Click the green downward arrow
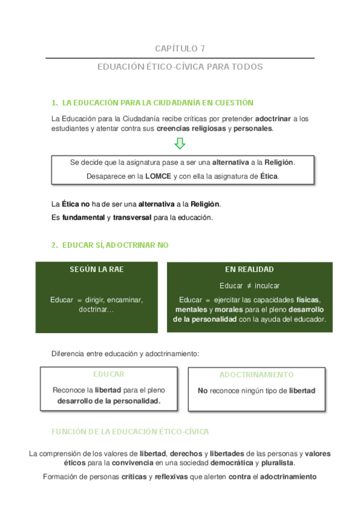click(x=180, y=144)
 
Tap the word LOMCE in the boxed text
click(x=158, y=176)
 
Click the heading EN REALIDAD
click(x=249, y=269)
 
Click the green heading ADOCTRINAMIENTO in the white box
click(x=256, y=374)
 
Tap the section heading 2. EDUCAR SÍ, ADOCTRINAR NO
click(x=110, y=245)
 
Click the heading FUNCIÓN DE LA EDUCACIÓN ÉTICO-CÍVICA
click(x=130, y=432)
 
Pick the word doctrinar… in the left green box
click(x=96, y=309)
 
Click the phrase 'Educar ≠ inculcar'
click(x=249, y=286)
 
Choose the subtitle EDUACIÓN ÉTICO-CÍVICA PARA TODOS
click(x=180, y=67)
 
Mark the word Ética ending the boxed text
click(x=269, y=176)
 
